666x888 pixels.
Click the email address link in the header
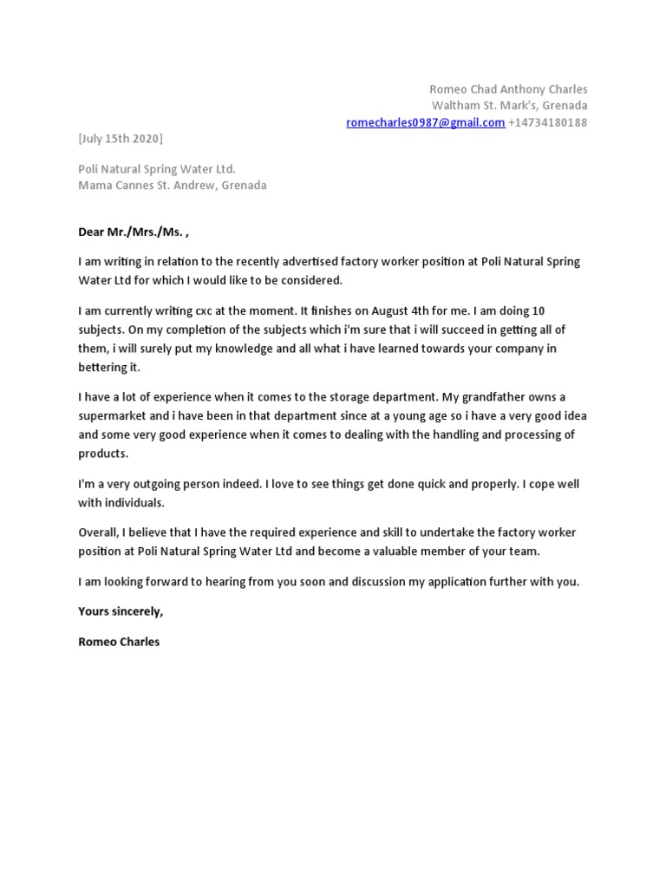click(425, 122)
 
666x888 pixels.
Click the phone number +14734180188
click(548, 122)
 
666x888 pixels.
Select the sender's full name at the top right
click(508, 89)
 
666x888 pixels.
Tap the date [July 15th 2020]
click(120, 139)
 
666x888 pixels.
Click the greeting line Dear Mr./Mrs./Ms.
click(133, 232)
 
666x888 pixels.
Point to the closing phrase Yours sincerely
click(120, 611)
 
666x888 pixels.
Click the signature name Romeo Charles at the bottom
click(119, 643)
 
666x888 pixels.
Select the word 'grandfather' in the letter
click(506, 397)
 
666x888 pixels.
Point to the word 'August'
click(376, 310)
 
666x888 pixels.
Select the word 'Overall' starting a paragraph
click(97, 532)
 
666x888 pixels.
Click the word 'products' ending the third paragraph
click(102, 454)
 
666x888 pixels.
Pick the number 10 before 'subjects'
click(538, 310)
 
